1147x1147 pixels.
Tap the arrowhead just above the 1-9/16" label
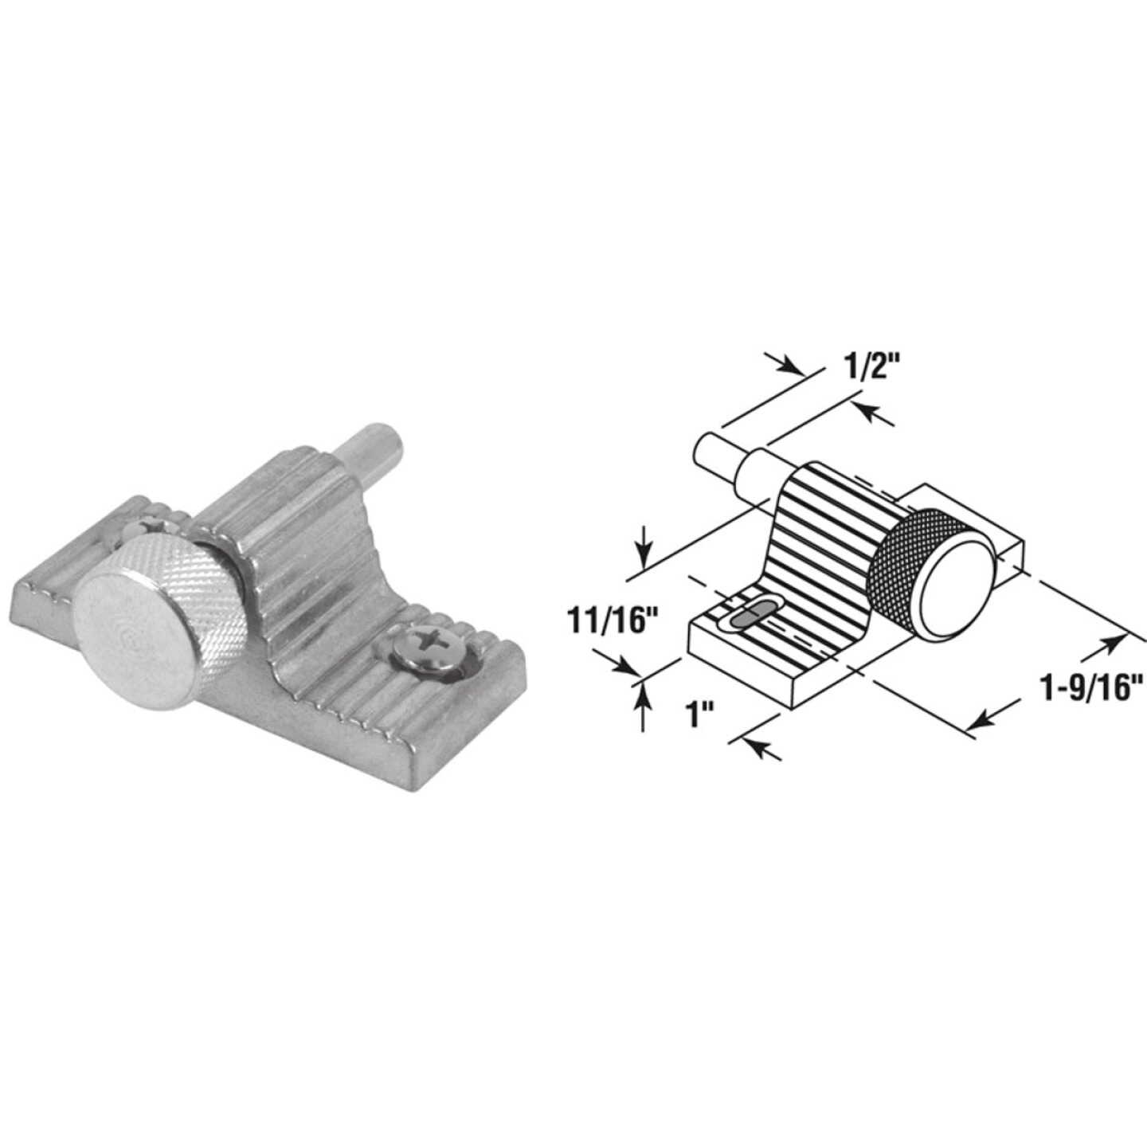click(1114, 642)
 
